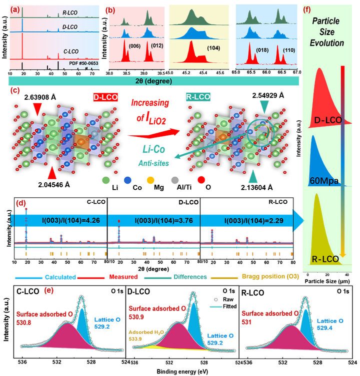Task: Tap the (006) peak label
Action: pyautogui.click(x=134, y=46)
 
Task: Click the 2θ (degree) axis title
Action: pyautogui.click(x=153, y=80)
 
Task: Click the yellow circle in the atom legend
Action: pyautogui.click(x=150, y=179)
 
